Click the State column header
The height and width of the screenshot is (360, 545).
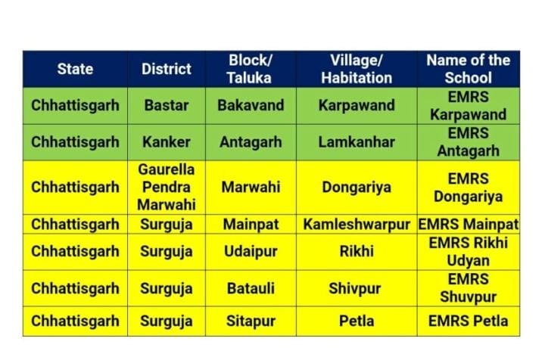tap(75, 69)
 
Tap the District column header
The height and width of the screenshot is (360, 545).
tap(167, 69)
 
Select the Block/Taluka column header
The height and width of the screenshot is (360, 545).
tap(250, 69)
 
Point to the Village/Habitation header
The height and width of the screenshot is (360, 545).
tap(357, 69)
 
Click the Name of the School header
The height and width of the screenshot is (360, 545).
tap(469, 69)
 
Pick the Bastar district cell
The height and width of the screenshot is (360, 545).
tap(167, 106)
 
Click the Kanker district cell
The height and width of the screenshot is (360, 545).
tap(167, 142)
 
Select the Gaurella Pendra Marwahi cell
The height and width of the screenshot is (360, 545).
tap(167, 187)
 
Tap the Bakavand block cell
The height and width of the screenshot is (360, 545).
tap(251, 106)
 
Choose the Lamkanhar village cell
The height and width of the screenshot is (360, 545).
tap(357, 142)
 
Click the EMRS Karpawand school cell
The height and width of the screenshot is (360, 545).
tap(469, 106)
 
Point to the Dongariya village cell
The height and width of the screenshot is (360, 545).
tap(357, 188)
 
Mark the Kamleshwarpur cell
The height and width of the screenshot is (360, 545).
tap(357, 225)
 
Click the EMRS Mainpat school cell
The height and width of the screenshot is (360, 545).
tap(469, 225)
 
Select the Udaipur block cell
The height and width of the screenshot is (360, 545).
tap(251, 252)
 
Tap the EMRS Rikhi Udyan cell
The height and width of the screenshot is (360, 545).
tap(469, 252)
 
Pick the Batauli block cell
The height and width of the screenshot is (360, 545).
tap(251, 288)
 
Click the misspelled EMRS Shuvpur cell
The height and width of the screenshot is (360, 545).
tap(469, 288)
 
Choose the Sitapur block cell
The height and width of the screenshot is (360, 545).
tap(251, 321)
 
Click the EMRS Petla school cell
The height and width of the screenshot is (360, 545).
tap(469, 321)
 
